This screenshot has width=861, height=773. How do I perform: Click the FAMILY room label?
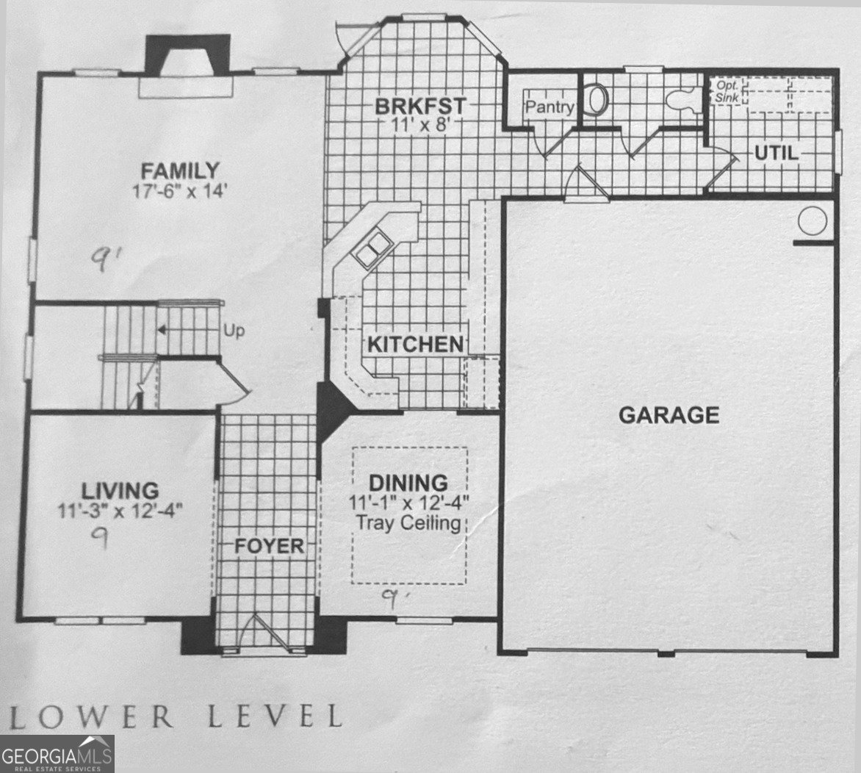[180, 170]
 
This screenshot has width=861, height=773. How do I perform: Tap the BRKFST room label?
[421, 106]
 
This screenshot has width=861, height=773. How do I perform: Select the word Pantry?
[550, 107]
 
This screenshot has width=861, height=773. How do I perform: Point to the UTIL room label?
[777, 153]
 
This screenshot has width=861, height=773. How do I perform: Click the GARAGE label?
[669, 415]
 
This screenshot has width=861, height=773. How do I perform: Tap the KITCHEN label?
[415, 345]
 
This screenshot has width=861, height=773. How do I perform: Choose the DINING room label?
[408, 483]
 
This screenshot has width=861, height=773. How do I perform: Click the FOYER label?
[269, 546]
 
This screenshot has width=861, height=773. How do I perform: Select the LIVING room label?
[120, 490]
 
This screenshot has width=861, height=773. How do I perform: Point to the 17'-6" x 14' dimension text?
[179, 191]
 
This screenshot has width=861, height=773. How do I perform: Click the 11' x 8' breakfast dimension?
[421, 125]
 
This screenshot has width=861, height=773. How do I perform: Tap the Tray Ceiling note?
[408, 522]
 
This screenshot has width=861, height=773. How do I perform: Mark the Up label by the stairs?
[234, 331]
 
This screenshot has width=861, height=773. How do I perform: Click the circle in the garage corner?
[812, 221]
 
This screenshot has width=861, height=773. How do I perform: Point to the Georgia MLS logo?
[57, 753]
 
